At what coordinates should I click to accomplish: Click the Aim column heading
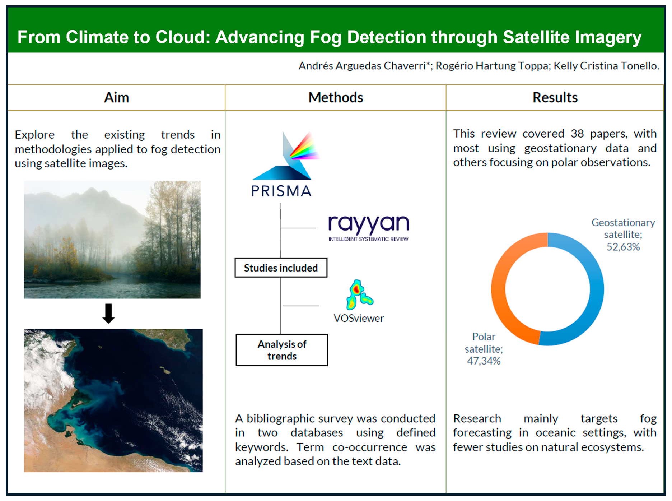[x=116, y=98]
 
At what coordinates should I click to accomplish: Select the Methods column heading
[x=336, y=98]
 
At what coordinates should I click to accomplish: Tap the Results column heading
[x=555, y=98]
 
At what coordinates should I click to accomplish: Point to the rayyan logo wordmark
[x=369, y=224]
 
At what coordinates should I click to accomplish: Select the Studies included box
[x=281, y=268]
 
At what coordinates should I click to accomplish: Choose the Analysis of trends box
[x=282, y=350]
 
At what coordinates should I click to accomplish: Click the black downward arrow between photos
[x=108, y=314]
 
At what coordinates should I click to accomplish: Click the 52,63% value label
[x=623, y=247]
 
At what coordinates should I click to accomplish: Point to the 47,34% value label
[x=484, y=361]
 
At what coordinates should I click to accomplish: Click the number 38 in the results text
[x=577, y=134]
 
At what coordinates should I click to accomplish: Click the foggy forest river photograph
[x=112, y=240]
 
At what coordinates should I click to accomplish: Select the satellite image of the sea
[x=113, y=400]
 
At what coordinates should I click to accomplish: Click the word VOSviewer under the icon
[x=359, y=318]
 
